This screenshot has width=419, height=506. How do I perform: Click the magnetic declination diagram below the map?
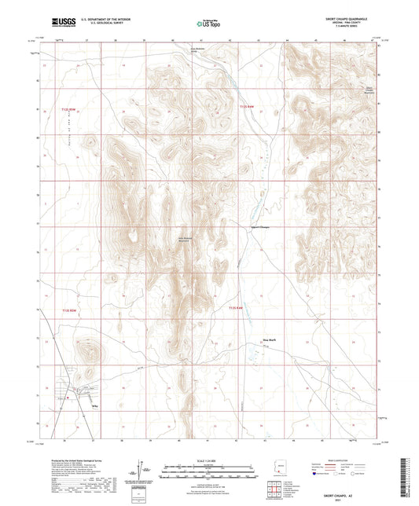click(143, 470)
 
